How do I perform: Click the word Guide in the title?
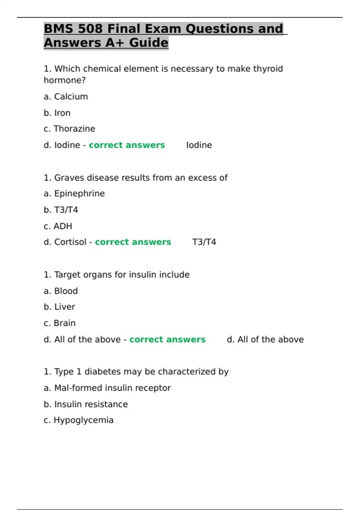[149, 43]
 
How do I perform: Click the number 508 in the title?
[90, 29]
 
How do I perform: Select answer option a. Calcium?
[66, 97]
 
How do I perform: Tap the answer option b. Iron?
[57, 113]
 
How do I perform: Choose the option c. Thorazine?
[69, 129]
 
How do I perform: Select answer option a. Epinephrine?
[74, 193]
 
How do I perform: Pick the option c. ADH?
[58, 226]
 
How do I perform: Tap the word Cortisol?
[70, 242]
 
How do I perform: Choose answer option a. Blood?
[61, 291]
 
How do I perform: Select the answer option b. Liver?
[59, 307]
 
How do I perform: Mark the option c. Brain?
[59, 323]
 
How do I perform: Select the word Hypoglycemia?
[83, 420]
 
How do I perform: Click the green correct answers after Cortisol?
[133, 242]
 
